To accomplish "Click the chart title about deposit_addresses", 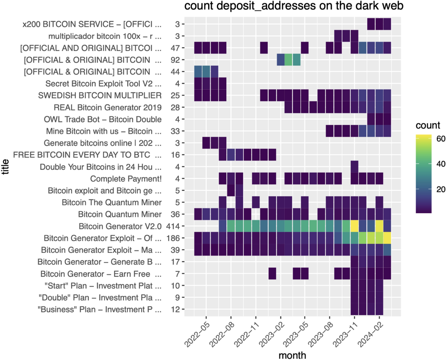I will click(290, 6).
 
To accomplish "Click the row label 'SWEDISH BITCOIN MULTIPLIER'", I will click(100, 96).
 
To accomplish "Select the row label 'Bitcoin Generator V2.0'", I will click(120, 226).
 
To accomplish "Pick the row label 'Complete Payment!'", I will click(126, 179).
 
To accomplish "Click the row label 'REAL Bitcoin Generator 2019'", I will click(107, 107).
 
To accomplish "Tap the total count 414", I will click(173, 226).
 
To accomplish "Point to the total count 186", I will click(173, 238).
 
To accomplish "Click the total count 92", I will click(175, 60).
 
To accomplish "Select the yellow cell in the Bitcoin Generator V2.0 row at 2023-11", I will click(354, 226).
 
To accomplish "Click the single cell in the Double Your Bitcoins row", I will click(354, 167).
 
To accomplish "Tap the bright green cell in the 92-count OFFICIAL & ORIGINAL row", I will click(288, 60).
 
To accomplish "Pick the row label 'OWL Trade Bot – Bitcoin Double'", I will click(103, 119).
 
